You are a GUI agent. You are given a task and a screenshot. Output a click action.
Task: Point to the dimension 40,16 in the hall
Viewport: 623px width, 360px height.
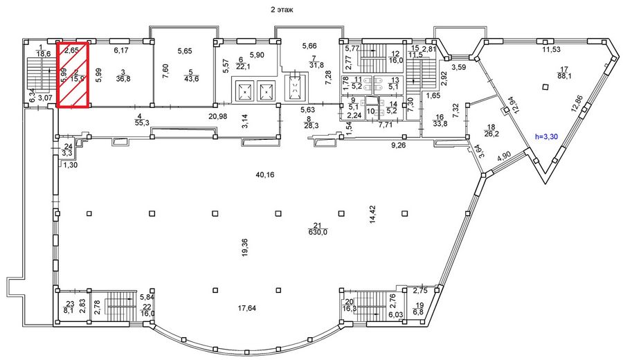(264, 175)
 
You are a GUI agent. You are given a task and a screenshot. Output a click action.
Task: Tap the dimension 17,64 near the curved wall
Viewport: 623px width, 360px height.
(246, 308)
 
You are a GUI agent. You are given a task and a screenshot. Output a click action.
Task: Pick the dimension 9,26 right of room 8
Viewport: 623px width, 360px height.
(398, 146)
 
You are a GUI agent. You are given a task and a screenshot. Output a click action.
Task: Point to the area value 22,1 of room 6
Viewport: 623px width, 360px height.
(242, 66)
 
